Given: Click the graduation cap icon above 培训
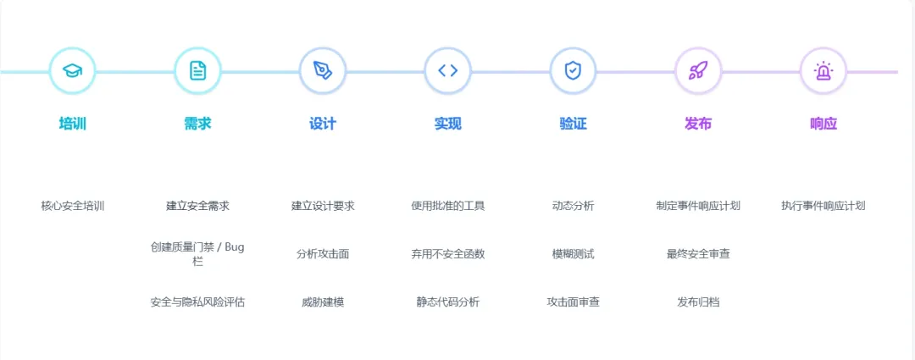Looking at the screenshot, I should (72, 71).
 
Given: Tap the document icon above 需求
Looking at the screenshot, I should (197, 71).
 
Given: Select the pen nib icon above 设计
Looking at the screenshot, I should (323, 71).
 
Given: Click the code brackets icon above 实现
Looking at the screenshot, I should (447, 71).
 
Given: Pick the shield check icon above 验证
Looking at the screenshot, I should (573, 71).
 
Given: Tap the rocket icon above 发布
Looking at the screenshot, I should (698, 71).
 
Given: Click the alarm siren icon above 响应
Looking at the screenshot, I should (823, 71).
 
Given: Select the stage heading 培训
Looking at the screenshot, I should (72, 124).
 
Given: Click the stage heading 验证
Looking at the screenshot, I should (573, 124).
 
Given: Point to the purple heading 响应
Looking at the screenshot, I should (823, 124).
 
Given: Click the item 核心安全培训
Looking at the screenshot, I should (72, 206).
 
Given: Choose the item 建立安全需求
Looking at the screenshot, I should (197, 206).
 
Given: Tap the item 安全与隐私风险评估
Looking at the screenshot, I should (197, 302).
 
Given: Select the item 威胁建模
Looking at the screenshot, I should (323, 302).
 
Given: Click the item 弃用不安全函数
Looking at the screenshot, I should (447, 254).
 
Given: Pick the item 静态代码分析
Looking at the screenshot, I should (447, 302).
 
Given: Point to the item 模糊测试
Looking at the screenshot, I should (573, 254).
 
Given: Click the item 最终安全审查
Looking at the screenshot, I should (698, 254).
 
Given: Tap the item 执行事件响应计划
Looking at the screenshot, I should (823, 206).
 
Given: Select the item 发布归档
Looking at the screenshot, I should (698, 302).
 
